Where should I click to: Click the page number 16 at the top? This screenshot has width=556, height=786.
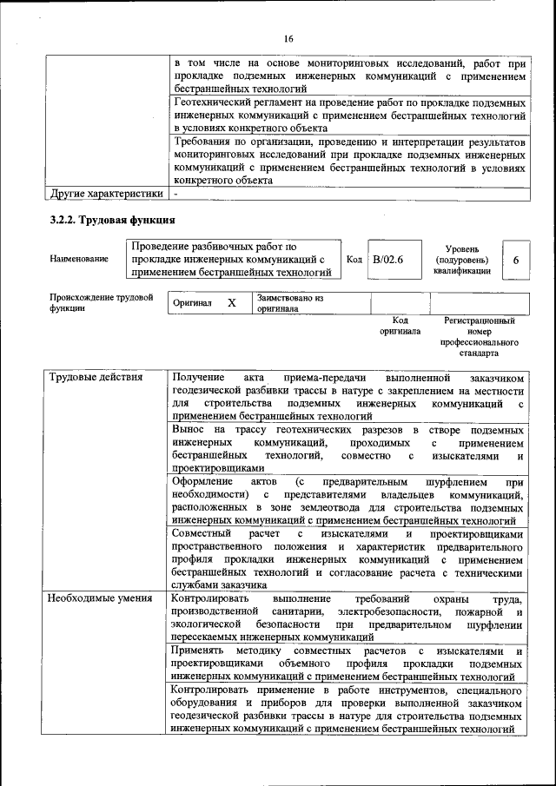[288, 37]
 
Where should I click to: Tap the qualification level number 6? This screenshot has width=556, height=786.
[516, 261]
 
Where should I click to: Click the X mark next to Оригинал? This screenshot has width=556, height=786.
[232, 303]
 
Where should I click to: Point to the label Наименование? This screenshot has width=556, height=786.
[79, 259]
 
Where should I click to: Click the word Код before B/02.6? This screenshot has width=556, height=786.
[354, 259]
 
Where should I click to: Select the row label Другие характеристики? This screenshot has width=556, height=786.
[107, 194]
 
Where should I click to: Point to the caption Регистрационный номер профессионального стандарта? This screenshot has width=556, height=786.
[479, 337]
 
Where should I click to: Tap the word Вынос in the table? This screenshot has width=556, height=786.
[188, 430]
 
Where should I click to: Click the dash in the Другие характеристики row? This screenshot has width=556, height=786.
[175, 194]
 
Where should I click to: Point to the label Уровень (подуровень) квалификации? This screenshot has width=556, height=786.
[461, 259]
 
